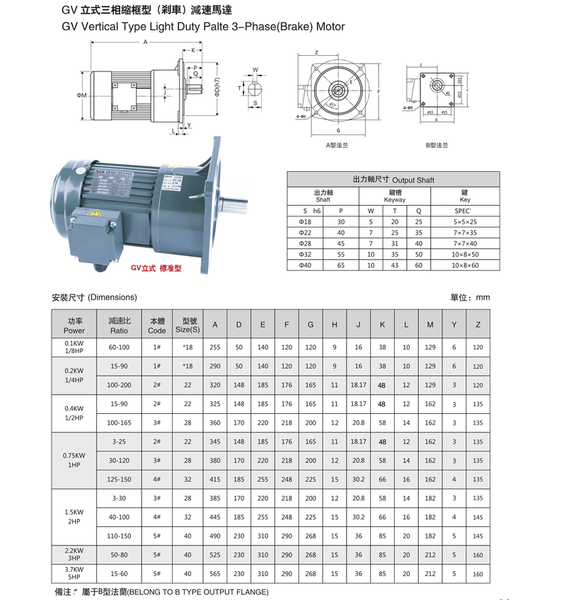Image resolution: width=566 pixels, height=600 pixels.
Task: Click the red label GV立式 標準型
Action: pos(156,269)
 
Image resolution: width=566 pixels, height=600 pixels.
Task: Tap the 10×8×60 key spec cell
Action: pos(466,265)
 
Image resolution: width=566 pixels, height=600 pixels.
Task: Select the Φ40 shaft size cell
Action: pos(306,265)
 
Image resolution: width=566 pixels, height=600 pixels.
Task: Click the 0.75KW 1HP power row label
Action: pos(74,460)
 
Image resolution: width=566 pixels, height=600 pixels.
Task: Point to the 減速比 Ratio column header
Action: pos(119,325)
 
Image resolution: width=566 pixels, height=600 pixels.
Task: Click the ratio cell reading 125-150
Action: pos(119,479)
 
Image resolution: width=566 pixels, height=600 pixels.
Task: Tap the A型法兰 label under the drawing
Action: pos(337,146)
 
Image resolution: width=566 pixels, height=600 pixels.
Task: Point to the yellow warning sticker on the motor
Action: pos(93,213)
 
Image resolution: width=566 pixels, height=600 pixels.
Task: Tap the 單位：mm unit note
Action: pos(470,298)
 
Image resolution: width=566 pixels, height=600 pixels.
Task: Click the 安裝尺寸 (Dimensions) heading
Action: pos(94,298)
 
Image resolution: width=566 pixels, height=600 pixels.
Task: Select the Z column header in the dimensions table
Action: pos(478,325)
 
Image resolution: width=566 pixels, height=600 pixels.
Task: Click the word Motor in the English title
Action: pos(330,27)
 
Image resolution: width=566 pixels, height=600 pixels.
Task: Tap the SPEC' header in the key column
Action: pos(465,211)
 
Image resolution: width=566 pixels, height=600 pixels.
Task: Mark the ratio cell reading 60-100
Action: pos(119,347)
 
